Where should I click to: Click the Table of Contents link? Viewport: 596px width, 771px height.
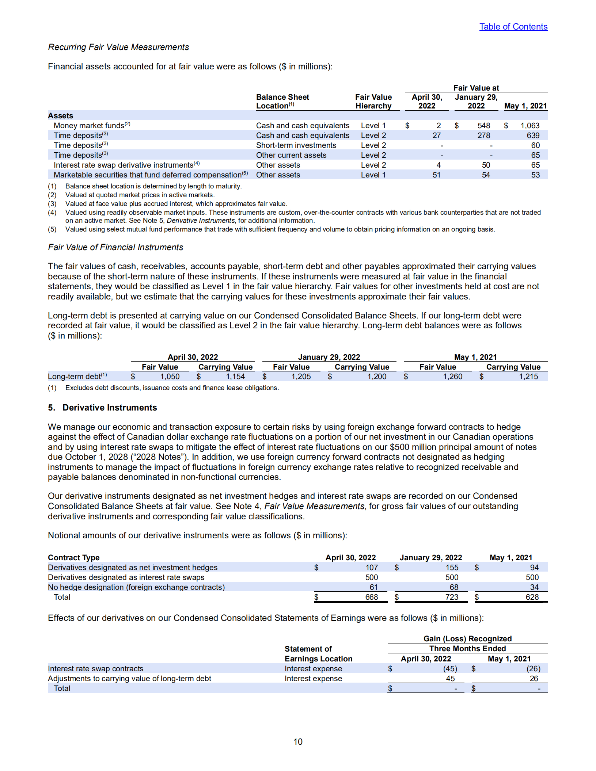[513, 27]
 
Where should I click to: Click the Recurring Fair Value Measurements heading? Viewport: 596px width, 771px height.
[118, 47]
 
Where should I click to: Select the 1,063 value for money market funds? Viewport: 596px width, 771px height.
[529, 126]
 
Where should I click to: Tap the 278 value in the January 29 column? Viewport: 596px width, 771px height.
[483, 136]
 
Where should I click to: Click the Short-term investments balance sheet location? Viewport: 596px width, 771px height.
[296, 145]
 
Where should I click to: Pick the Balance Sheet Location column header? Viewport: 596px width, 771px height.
[282, 102]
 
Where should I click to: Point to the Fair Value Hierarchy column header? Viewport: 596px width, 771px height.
[373, 102]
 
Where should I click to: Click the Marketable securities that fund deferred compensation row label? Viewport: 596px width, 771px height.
[148, 175]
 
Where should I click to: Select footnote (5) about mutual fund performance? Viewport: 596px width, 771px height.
[280, 229]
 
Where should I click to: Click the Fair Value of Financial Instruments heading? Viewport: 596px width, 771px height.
[115, 247]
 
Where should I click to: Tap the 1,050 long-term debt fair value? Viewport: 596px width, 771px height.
[170, 377]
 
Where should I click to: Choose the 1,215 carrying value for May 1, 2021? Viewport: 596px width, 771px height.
[528, 377]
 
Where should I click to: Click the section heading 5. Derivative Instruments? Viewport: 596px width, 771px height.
[103, 408]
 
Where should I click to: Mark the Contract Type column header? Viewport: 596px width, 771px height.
[74, 558]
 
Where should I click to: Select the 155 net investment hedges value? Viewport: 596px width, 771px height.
[452, 568]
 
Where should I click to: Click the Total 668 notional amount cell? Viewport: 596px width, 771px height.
[371, 597]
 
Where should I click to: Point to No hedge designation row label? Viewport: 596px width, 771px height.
[136, 587]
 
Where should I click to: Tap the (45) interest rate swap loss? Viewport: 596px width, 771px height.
[450, 669]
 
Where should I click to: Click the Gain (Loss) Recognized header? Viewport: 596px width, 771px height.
[467, 639]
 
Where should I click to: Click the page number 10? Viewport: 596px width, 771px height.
[298, 742]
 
